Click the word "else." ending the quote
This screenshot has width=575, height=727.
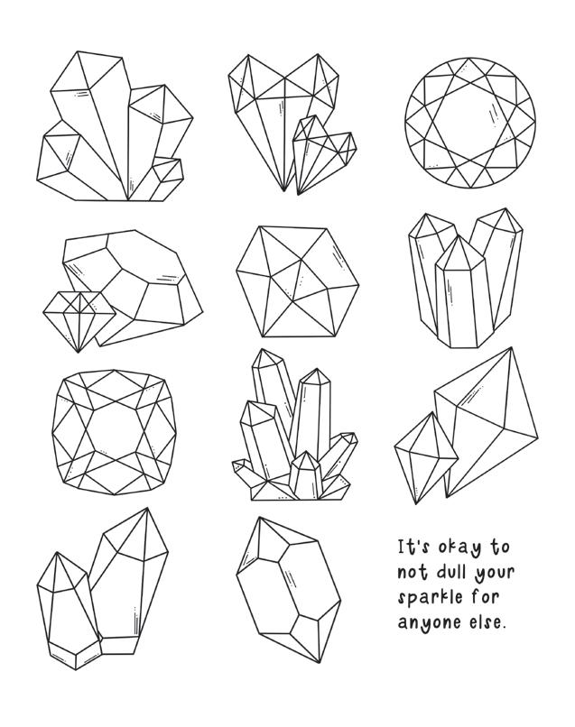tap(487, 621)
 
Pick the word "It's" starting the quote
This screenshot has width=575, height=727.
tap(414, 548)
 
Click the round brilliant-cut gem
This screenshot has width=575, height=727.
tap(470, 123)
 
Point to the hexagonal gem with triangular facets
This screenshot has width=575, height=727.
tap(298, 282)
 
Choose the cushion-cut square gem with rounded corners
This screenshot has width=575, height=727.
tap(115, 432)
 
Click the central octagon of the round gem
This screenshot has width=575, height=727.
tap(470, 123)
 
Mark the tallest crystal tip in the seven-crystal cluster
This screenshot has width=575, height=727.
tap(262, 349)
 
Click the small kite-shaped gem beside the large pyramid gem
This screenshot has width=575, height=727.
tap(425, 457)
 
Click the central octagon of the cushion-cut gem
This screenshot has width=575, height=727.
tap(115, 432)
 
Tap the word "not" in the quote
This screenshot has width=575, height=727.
tap(413, 572)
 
